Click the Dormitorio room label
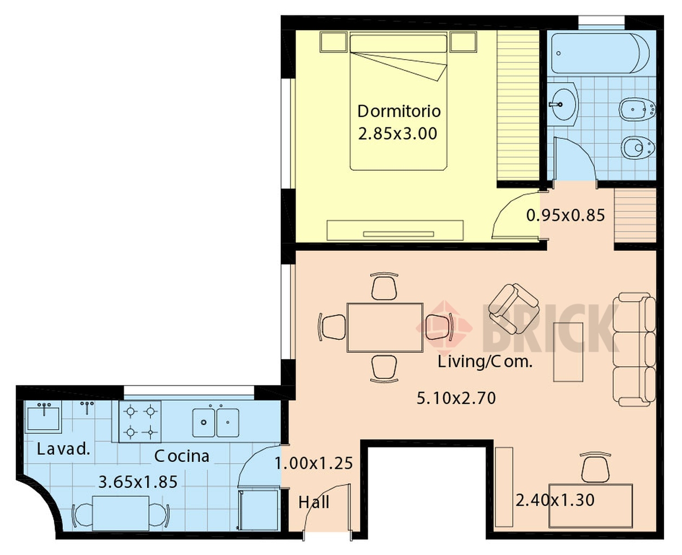[399, 111]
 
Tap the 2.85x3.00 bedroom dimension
[397, 134]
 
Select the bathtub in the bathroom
[600, 53]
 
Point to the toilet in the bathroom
[638, 148]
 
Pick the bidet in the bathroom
[637, 109]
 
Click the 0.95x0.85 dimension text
[566, 215]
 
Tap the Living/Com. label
[485, 362]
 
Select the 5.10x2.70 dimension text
[456, 398]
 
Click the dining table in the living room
[385, 327]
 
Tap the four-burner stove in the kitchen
[140, 422]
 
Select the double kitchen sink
[215, 422]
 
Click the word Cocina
[181, 456]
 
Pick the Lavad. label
[63, 449]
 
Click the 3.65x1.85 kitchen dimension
[137, 482]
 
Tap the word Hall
[313, 502]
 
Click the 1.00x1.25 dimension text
[314, 463]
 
